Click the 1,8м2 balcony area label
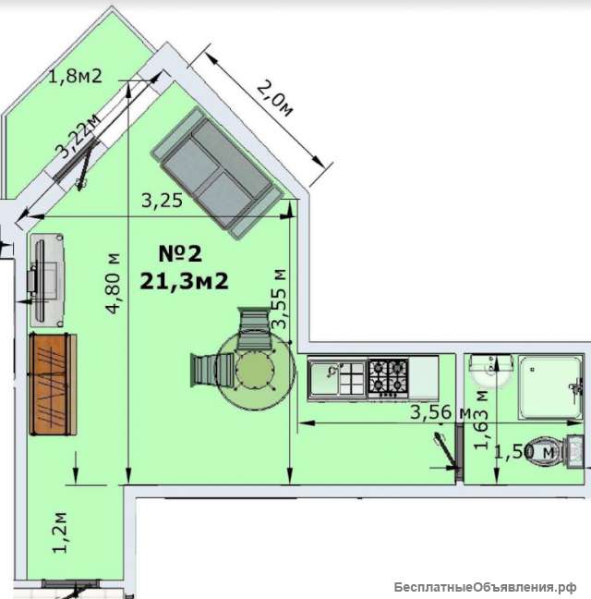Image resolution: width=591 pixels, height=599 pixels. pos(76,77)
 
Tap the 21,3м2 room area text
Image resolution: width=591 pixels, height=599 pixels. pos(185,282)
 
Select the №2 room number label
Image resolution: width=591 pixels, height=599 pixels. pos(180,253)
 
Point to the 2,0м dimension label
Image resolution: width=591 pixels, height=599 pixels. pos(275,98)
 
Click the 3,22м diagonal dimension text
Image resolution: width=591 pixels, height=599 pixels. pos(79,136)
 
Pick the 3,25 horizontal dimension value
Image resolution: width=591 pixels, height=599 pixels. pos(163,201)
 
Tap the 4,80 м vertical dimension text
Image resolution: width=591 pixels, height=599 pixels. pos(114,284)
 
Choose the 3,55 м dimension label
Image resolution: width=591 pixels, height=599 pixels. pos(279,299)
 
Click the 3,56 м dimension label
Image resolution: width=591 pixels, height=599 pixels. pos(440,412)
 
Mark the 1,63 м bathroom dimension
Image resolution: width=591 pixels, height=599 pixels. pos(481,420)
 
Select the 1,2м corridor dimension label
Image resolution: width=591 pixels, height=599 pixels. pos(60,532)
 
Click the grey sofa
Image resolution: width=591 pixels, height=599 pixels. pos(218,173)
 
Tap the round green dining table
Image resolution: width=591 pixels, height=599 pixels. pos(255,370)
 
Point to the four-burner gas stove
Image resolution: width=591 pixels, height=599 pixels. pos(388,377)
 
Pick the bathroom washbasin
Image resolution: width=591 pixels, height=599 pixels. pos(491,372)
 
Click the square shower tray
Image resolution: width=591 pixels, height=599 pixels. pos(550,387)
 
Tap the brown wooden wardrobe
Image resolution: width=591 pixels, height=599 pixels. pos(53,385)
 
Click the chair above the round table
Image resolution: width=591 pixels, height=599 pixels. pos(252,328)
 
